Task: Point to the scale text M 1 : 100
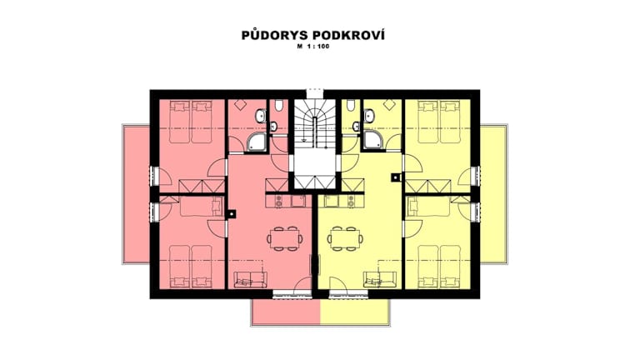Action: point(313,47)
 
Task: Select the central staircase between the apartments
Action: point(315,144)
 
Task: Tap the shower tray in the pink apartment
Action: point(257,142)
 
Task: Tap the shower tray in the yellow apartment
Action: point(373,141)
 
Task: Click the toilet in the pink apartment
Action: point(279,106)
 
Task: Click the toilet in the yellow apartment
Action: point(351,105)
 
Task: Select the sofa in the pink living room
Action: point(250,280)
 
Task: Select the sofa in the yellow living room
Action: point(380,279)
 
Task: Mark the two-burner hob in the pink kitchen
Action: point(279,201)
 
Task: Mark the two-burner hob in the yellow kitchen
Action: point(351,201)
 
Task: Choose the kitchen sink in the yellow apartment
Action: point(332,201)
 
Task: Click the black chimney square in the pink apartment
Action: point(232,213)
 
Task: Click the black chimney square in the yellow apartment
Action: point(395,177)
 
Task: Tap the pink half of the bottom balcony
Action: point(286,312)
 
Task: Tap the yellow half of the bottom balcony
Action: point(355,312)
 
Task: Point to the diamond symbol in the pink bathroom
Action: point(240,105)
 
